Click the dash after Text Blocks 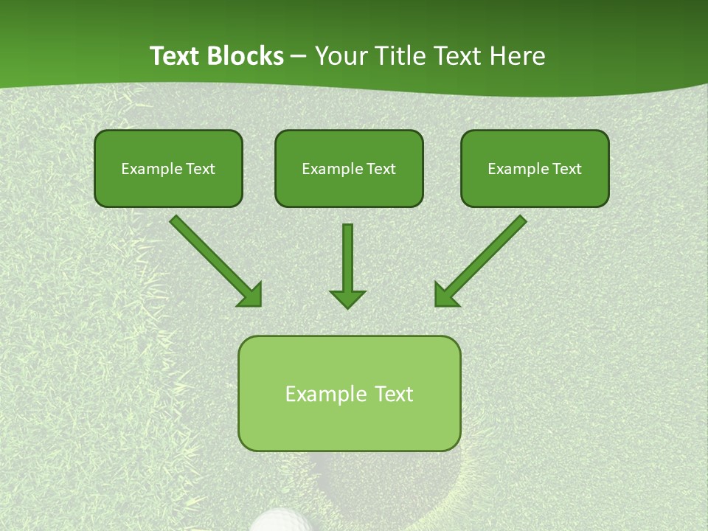pyautogui.click(x=299, y=57)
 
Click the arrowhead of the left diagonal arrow pyautogui.click(x=251, y=295)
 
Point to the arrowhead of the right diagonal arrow pyautogui.click(x=445, y=295)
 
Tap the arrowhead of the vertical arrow pyautogui.click(x=347, y=298)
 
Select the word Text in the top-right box pyautogui.click(x=566, y=169)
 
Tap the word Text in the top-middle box pyautogui.click(x=381, y=169)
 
